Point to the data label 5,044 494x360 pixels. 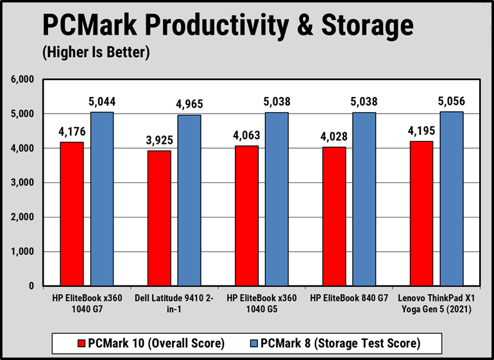(x=102, y=101)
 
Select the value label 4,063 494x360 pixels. (x=246, y=135)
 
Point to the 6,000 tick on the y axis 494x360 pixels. (x=21, y=80)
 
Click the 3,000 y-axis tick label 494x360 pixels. (x=21, y=183)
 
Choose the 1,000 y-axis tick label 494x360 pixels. (x=21, y=252)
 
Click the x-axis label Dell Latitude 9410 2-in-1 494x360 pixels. (x=173, y=304)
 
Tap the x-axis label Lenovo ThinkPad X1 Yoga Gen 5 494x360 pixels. (x=437, y=304)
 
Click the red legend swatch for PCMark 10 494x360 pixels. (x=81, y=343)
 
